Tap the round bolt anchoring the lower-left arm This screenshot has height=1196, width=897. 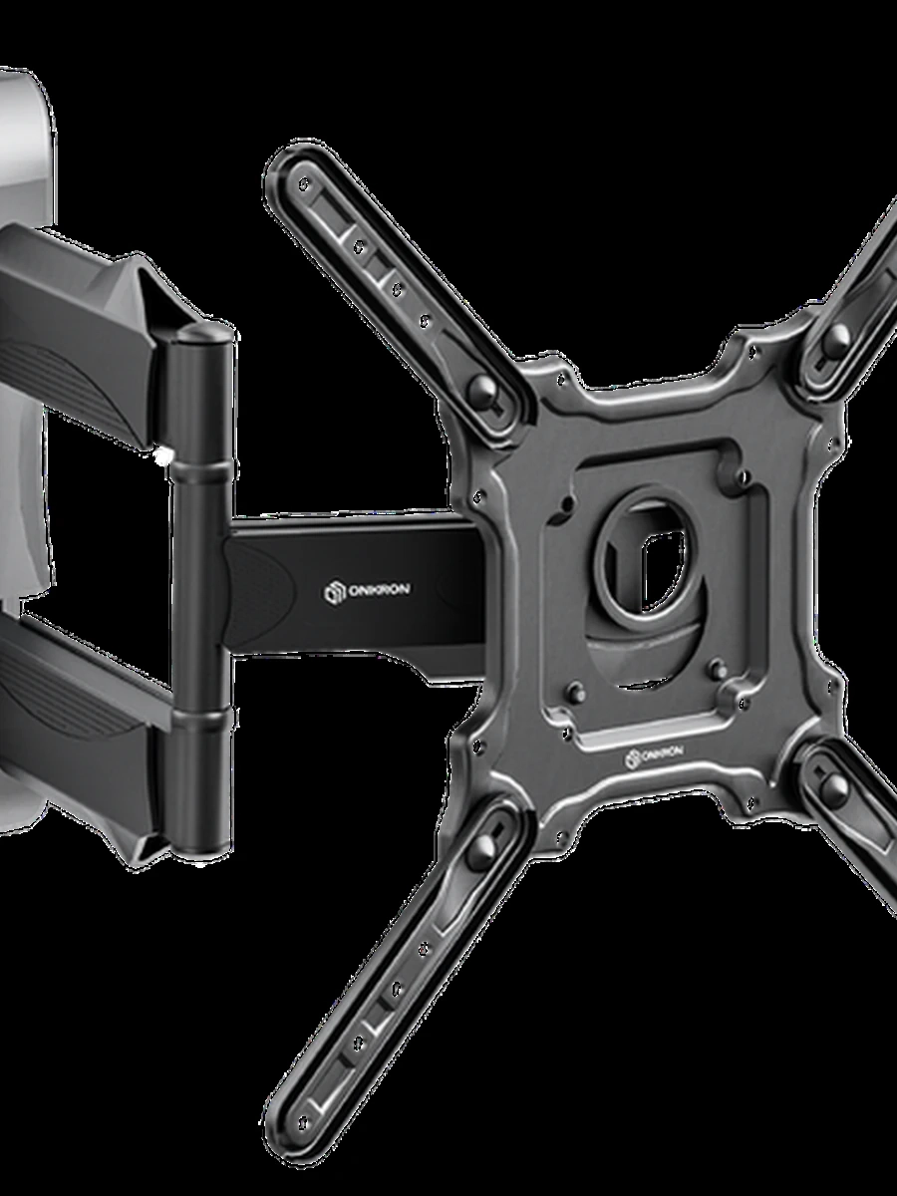(x=484, y=844)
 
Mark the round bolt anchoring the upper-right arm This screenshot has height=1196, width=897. (x=836, y=338)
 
